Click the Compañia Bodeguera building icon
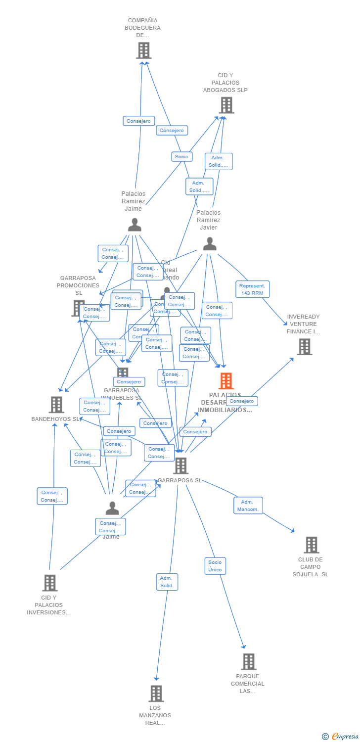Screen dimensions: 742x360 (143, 50)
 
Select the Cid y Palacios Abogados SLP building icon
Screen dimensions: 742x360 (226, 105)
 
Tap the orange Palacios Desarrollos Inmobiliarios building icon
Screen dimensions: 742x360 (226, 381)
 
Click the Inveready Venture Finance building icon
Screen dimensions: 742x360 (304, 347)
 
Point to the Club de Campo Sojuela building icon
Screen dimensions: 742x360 (311, 545)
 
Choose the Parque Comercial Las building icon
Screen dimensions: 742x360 (248, 661)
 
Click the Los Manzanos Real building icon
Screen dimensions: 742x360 (156, 694)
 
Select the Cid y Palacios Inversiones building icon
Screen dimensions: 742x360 (49, 583)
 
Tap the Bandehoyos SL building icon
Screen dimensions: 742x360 (56, 405)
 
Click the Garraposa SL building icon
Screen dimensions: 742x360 (180, 465)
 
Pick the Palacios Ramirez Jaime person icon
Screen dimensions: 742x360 (135, 225)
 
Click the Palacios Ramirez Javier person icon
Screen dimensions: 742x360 (210, 244)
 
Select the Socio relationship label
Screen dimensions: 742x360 (181, 156)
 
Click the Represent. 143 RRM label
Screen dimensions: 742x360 (252, 289)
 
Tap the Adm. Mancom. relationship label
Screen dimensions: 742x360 (248, 506)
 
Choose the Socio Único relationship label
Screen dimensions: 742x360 (215, 566)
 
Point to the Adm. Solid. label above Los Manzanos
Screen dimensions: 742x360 (167, 582)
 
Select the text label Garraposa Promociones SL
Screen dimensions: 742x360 (78, 285)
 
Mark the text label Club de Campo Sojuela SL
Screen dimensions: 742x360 (311, 567)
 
